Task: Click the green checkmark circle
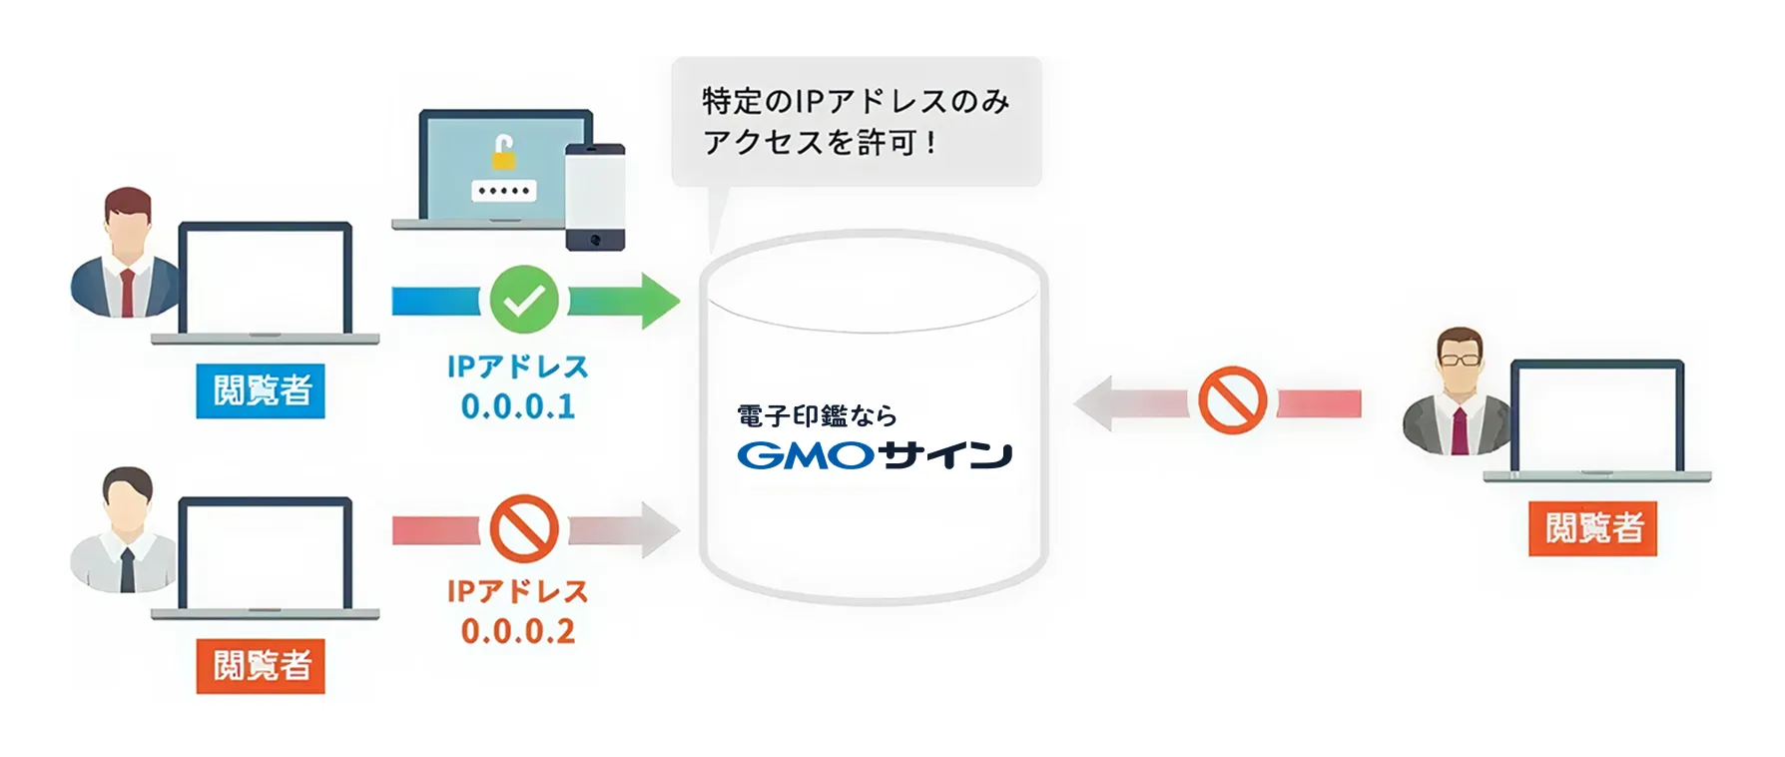[524, 300]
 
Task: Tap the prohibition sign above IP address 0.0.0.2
[524, 529]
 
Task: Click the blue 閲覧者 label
[262, 390]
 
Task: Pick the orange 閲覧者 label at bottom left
[262, 665]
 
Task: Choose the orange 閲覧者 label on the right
[1593, 528]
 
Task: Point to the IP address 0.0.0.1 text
[518, 406]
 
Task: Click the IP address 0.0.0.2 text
[518, 631]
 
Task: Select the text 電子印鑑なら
[817, 415]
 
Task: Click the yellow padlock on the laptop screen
[503, 153]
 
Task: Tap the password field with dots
[503, 190]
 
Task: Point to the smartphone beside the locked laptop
[595, 197]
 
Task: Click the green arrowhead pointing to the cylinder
[658, 300]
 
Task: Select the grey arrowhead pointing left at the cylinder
[1094, 402]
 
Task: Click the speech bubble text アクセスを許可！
[820, 143]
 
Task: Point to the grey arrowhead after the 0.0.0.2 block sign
[658, 529]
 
